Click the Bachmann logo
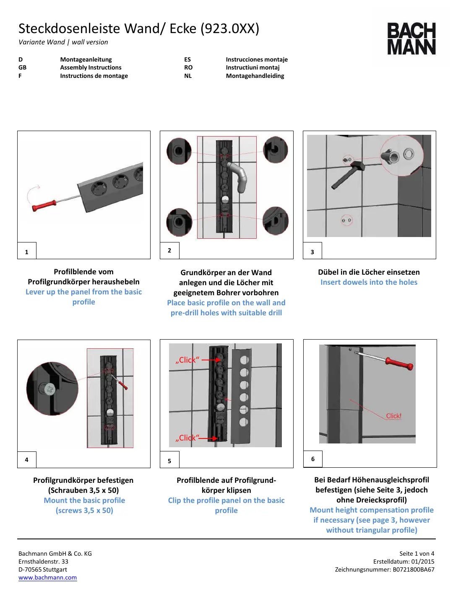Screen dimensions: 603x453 click(x=411, y=39)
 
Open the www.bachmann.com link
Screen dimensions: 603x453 click(x=47, y=577)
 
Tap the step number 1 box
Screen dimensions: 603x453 click(x=27, y=252)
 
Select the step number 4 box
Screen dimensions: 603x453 click(x=27, y=460)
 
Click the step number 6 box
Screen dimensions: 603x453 click(x=313, y=459)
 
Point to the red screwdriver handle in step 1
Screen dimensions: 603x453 click(x=44, y=206)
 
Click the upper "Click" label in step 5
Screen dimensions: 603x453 click(x=187, y=360)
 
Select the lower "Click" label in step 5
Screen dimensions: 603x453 click(x=187, y=438)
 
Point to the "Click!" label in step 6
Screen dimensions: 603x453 click(x=393, y=416)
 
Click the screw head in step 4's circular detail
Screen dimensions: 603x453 click(x=50, y=389)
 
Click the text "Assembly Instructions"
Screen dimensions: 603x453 click(x=91, y=67)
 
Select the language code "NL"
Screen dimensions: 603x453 click(x=188, y=76)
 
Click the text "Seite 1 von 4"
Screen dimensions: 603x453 click(x=417, y=554)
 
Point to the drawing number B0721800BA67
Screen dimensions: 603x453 click(x=414, y=569)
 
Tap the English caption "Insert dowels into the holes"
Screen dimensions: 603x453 click(x=369, y=282)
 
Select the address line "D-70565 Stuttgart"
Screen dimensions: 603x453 click(x=43, y=569)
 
